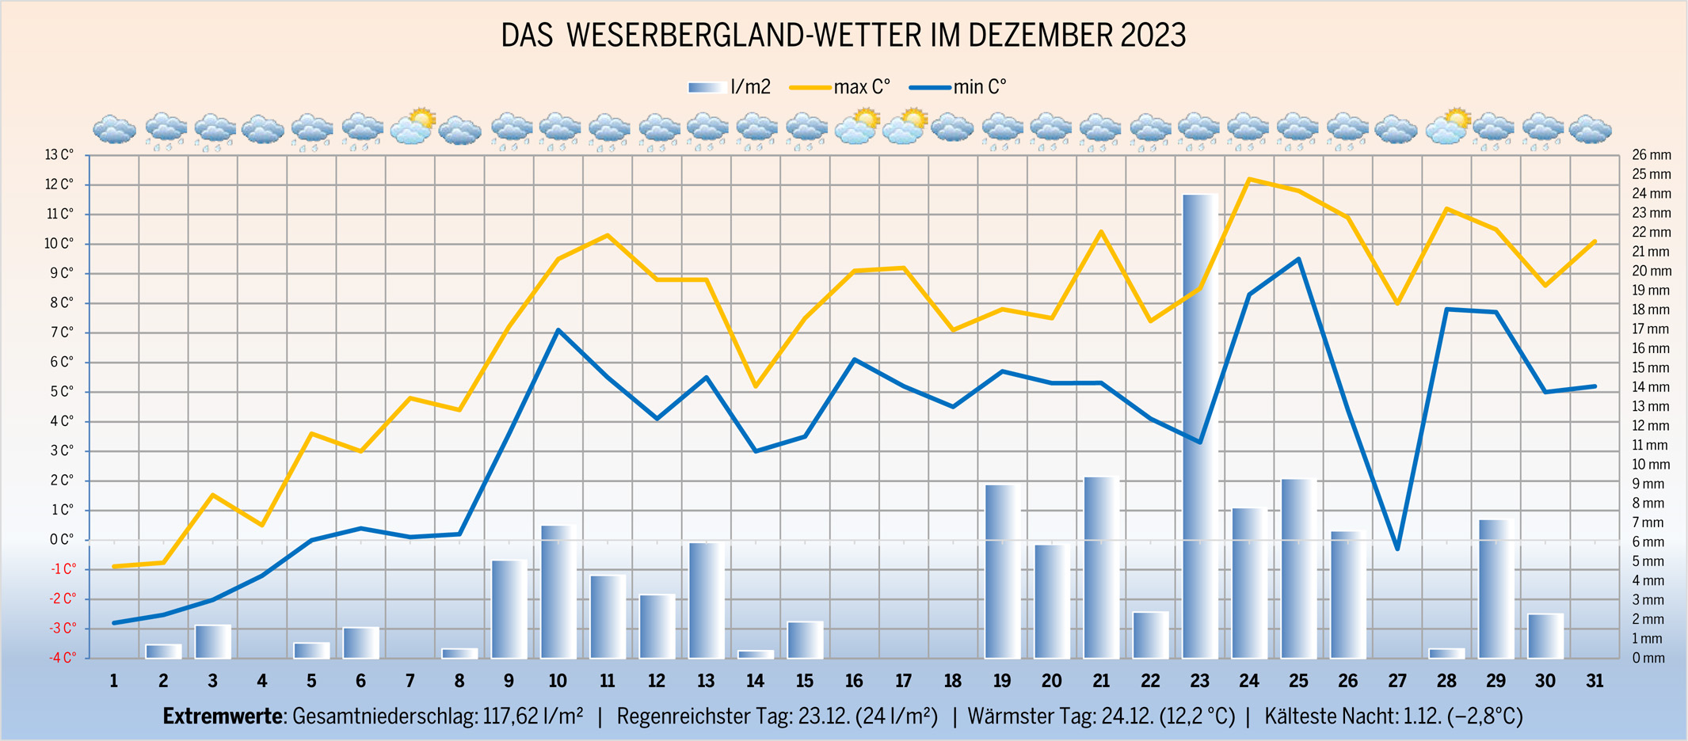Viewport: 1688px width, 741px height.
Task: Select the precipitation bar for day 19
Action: (x=1002, y=571)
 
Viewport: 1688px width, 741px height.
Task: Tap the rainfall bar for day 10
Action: (x=558, y=591)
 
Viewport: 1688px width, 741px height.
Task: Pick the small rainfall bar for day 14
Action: (x=756, y=654)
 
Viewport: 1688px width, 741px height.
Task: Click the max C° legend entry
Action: (x=840, y=87)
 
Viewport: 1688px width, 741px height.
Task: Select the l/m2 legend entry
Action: (x=730, y=87)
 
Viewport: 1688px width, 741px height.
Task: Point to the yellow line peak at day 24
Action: (x=1249, y=179)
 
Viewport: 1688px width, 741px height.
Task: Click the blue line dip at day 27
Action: (x=1397, y=549)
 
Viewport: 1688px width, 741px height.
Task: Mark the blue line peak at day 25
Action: (x=1298, y=259)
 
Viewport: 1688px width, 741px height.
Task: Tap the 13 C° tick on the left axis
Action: (x=59, y=155)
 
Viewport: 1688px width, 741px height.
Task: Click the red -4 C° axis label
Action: (x=63, y=658)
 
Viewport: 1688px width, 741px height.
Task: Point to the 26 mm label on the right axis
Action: (x=1651, y=155)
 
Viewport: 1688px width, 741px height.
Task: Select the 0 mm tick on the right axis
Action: (x=1648, y=658)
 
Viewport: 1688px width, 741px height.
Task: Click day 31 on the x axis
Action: (x=1595, y=681)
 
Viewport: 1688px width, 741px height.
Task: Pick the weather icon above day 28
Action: (x=1447, y=127)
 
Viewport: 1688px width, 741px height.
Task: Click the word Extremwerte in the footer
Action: (x=223, y=716)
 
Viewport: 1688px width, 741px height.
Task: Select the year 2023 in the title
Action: (x=1153, y=36)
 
